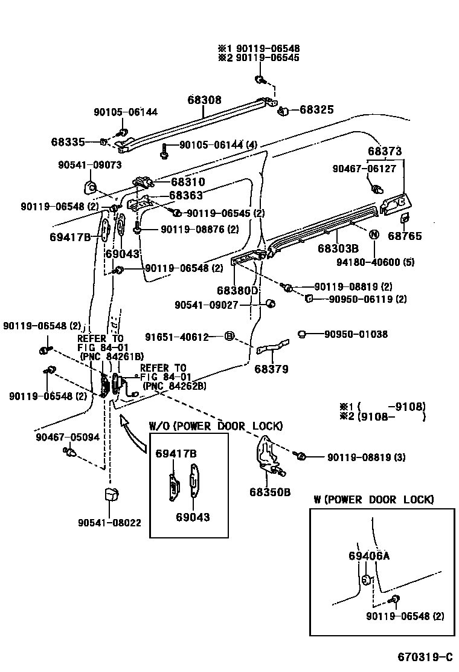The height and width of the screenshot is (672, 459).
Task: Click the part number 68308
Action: (204, 100)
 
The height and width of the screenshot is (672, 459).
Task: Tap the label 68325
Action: (316, 110)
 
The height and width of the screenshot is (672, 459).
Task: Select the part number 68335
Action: (68, 142)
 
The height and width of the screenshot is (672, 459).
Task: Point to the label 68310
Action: (187, 181)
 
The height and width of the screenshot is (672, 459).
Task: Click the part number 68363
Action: (185, 196)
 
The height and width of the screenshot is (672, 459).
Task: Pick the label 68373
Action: (385, 151)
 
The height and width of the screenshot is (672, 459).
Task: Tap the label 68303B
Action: (338, 248)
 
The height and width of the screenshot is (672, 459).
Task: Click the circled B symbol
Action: (229, 337)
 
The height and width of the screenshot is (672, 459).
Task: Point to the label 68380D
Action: (237, 291)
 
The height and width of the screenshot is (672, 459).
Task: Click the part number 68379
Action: (271, 369)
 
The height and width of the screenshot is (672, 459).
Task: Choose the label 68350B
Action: (269, 492)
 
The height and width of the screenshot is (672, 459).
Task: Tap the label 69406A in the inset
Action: (368, 556)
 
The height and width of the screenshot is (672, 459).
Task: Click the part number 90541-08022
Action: (109, 523)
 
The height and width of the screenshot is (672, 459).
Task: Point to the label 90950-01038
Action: (356, 334)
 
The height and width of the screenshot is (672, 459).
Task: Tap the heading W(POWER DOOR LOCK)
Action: (373, 499)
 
